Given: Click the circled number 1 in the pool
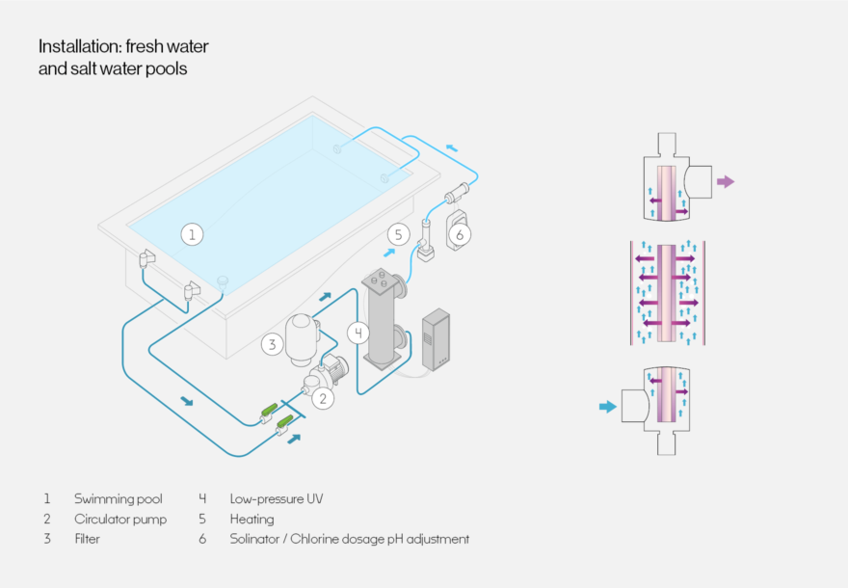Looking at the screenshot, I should (193, 233).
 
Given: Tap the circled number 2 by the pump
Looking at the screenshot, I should (325, 396).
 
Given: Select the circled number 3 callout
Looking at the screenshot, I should (274, 344).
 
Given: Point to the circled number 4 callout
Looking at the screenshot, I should (358, 334).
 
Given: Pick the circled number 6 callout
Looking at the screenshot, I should (460, 233).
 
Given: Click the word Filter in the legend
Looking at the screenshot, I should (87, 539).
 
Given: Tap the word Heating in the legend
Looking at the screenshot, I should (252, 520).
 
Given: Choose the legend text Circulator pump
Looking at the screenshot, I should (120, 520).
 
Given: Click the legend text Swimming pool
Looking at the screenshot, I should (118, 499).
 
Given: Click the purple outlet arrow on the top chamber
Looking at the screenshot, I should (726, 181).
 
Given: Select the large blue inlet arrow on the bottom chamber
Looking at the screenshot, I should (607, 407).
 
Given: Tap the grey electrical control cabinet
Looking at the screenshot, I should (437, 338).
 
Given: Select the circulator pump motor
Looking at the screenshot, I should (334, 367).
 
